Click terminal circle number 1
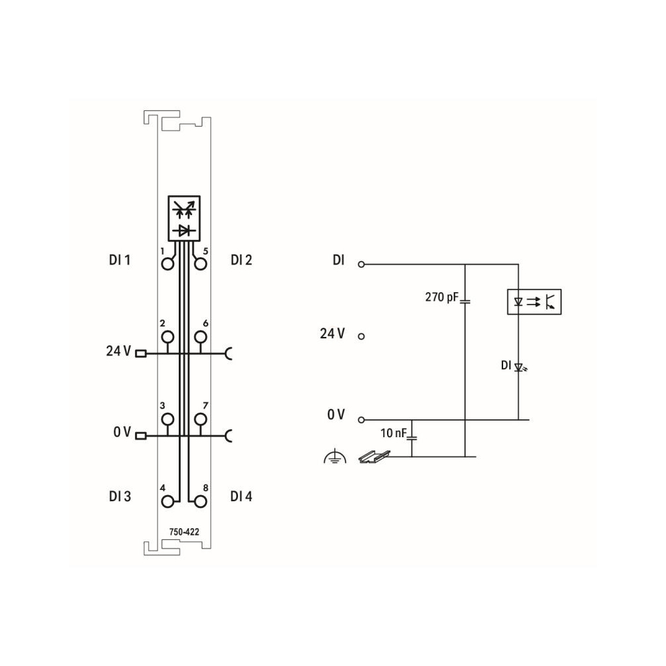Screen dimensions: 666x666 (167, 264)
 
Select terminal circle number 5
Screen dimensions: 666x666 (200, 264)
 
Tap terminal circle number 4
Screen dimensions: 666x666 (167, 502)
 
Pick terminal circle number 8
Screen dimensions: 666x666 (200, 502)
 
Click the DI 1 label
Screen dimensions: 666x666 (119, 260)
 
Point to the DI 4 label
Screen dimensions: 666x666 (241, 496)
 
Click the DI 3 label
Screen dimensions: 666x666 (120, 496)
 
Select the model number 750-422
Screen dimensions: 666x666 (184, 531)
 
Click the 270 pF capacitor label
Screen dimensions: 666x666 (442, 297)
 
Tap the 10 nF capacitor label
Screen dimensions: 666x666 (393, 433)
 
